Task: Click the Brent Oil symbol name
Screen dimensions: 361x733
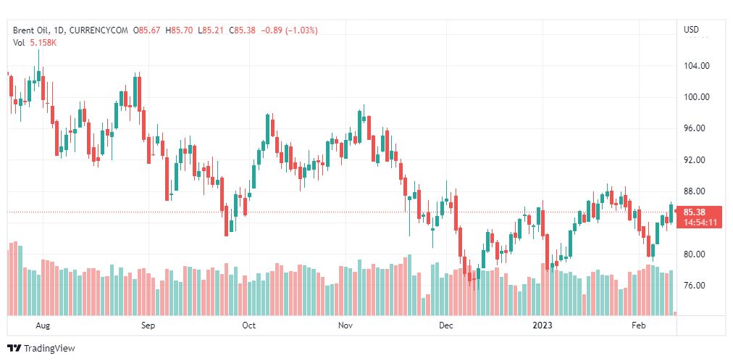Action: point(33,30)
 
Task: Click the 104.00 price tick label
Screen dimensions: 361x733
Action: point(696,65)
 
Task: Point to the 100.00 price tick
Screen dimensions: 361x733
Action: point(696,97)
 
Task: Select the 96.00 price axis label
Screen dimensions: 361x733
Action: point(696,128)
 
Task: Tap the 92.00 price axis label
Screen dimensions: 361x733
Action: point(696,159)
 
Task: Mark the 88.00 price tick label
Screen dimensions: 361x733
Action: point(696,191)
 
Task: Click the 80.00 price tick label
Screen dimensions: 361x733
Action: point(696,254)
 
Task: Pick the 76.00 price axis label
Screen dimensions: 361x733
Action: point(696,286)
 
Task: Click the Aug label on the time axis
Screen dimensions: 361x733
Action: point(43,325)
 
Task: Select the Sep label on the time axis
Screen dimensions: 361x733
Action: point(148,325)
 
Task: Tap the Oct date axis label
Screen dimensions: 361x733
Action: point(249,325)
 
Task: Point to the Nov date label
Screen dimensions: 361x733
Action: point(345,325)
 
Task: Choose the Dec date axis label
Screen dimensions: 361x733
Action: point(446,325)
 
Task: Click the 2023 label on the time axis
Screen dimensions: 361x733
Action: point(542,325)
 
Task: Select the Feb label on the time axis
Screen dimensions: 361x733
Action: point(638,325)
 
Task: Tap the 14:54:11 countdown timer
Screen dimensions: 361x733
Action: point(700,222)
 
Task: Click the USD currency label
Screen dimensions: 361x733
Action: point(691,30)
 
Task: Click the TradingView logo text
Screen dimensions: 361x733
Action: point(49,349)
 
